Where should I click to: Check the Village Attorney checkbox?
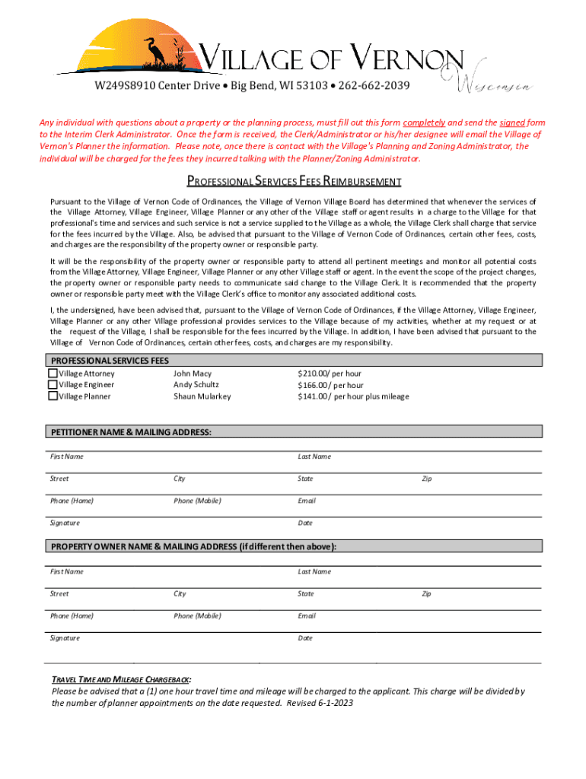coord(53,374)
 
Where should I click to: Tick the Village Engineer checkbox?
coord(53,385)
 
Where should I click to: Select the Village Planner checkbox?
coord(53,396)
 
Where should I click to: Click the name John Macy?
coord(193,374)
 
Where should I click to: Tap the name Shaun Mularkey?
coord(202,396)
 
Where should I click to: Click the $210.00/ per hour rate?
coord(329,374)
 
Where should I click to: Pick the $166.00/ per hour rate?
coord(330,385)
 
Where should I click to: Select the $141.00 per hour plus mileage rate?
coord(352,396)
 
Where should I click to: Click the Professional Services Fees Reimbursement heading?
coord(294,181)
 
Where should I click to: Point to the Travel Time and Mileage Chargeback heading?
coord(121,679)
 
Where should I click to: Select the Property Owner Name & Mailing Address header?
coord(193,546)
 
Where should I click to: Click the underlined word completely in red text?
coord(424,122)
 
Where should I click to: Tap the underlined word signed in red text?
coord(513,122)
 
